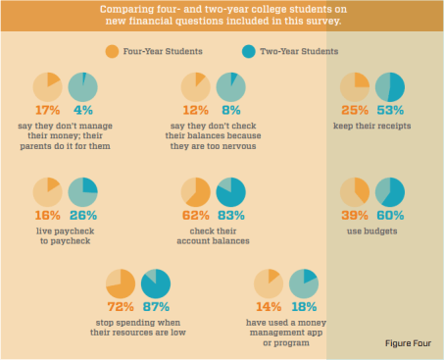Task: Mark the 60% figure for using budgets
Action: tap(392, 215)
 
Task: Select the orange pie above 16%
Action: tap(47, 190)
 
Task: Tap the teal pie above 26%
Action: tap(82, 190)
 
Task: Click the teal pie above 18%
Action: tap(305, 284)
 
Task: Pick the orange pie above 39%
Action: tap(355, 191)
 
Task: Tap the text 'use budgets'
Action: tap(373, 230)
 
